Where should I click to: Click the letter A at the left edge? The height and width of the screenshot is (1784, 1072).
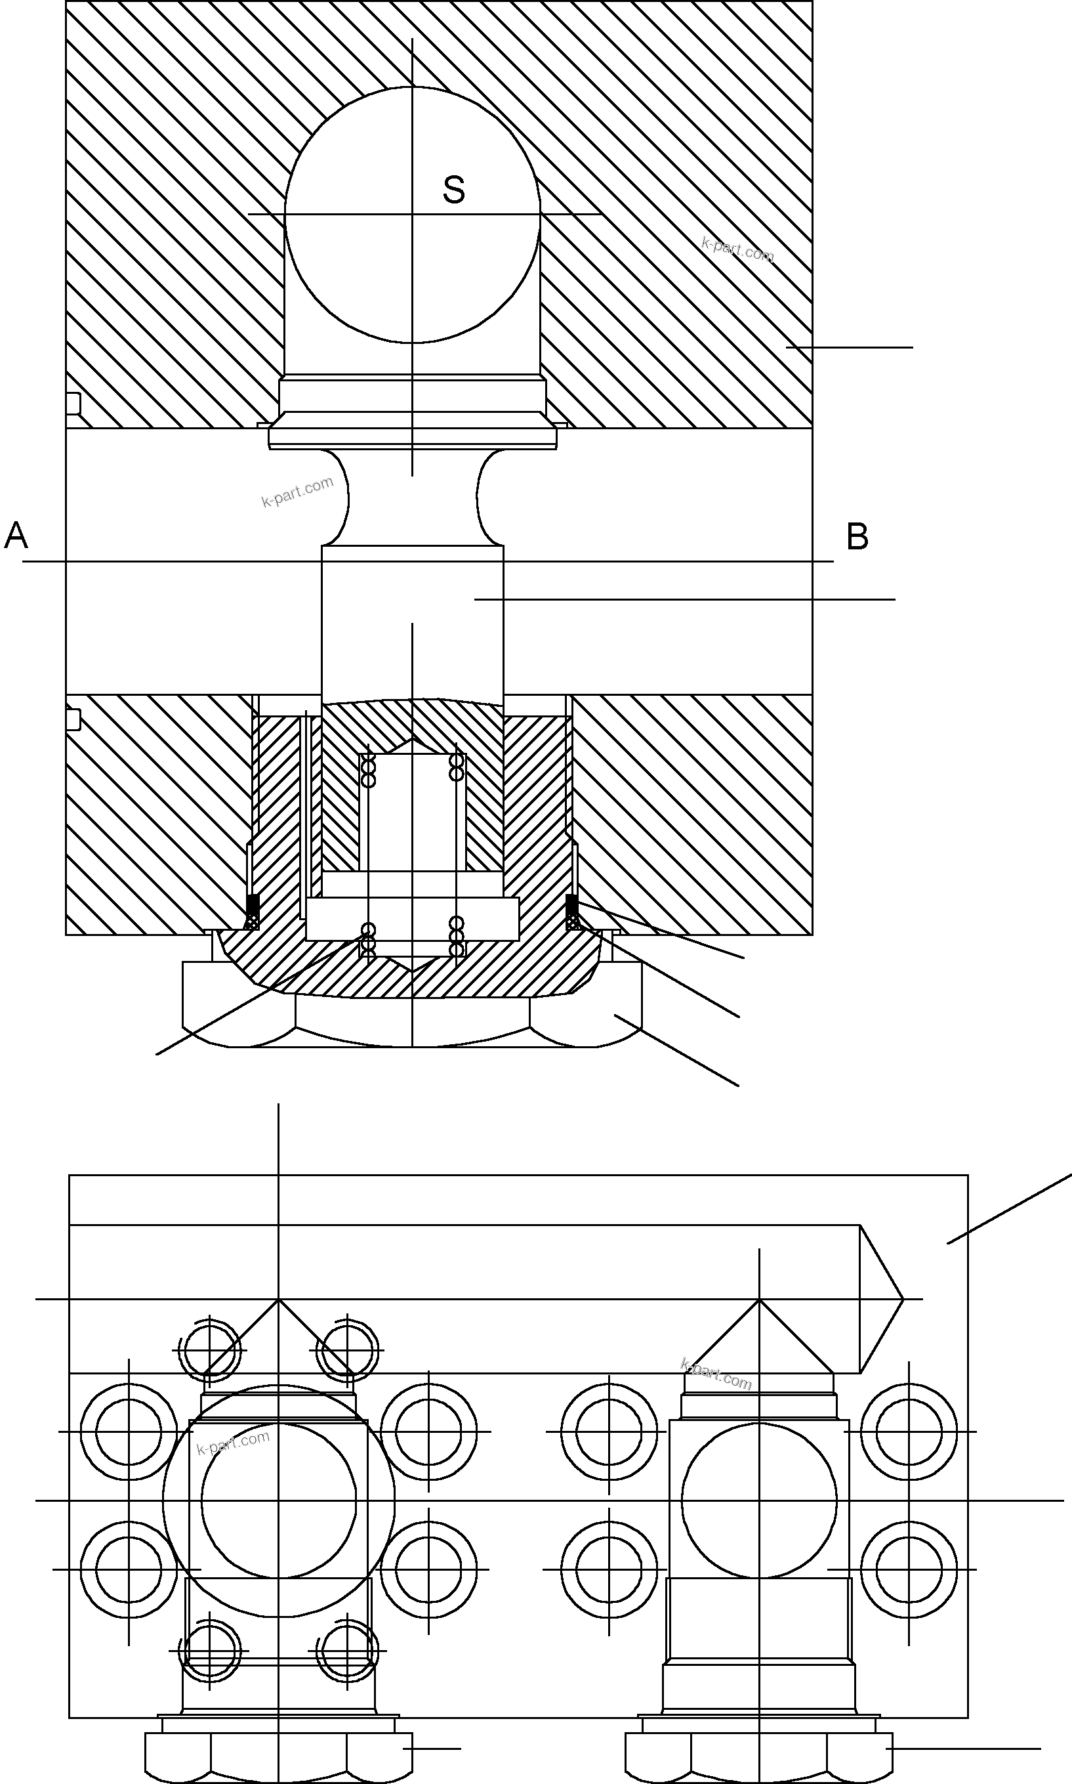pos(16,536)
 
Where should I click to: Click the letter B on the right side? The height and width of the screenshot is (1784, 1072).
pos(857,537)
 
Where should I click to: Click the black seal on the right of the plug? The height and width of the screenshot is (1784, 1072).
pos(571,903)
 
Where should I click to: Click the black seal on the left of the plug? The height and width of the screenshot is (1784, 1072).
pos(253,903)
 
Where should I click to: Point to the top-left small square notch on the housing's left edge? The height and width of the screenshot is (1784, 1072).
pos(73,403)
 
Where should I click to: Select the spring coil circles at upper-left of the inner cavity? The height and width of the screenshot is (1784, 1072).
pos(369,772)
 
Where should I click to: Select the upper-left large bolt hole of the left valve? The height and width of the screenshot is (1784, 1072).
pos(128,1432)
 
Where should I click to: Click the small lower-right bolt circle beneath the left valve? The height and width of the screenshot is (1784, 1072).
pos(348,1651)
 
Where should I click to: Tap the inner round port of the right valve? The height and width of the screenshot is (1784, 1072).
pos(758,1500)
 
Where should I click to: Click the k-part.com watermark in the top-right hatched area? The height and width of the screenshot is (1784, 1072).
pos(737,249)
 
